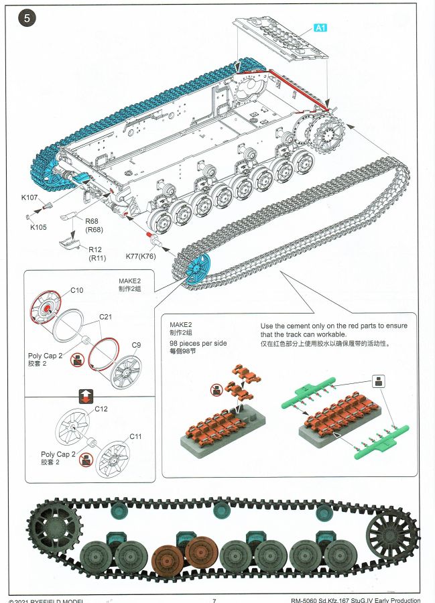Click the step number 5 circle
click(27, 18)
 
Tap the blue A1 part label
click(320, 27)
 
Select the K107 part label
click(29, 198)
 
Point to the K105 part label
click(38, 227)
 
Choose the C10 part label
click(77, 289)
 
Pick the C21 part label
click(105, 316)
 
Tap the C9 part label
click(136, 345)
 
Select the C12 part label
click(101, 409)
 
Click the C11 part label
click(136, 436)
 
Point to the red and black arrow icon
click(86, 395)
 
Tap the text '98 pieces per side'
click(198, 343)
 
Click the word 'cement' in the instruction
click(307, 325)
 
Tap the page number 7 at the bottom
click(214, 600)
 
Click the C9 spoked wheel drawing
click(125, 371)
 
